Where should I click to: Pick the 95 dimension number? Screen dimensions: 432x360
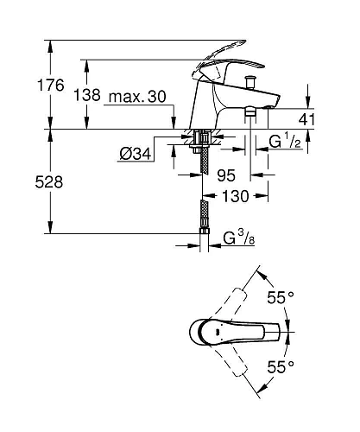[226, 175]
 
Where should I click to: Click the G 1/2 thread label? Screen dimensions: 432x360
[284, 140]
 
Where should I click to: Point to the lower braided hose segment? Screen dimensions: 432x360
[204, 216]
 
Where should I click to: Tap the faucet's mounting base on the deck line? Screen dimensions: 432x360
[203, 134]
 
